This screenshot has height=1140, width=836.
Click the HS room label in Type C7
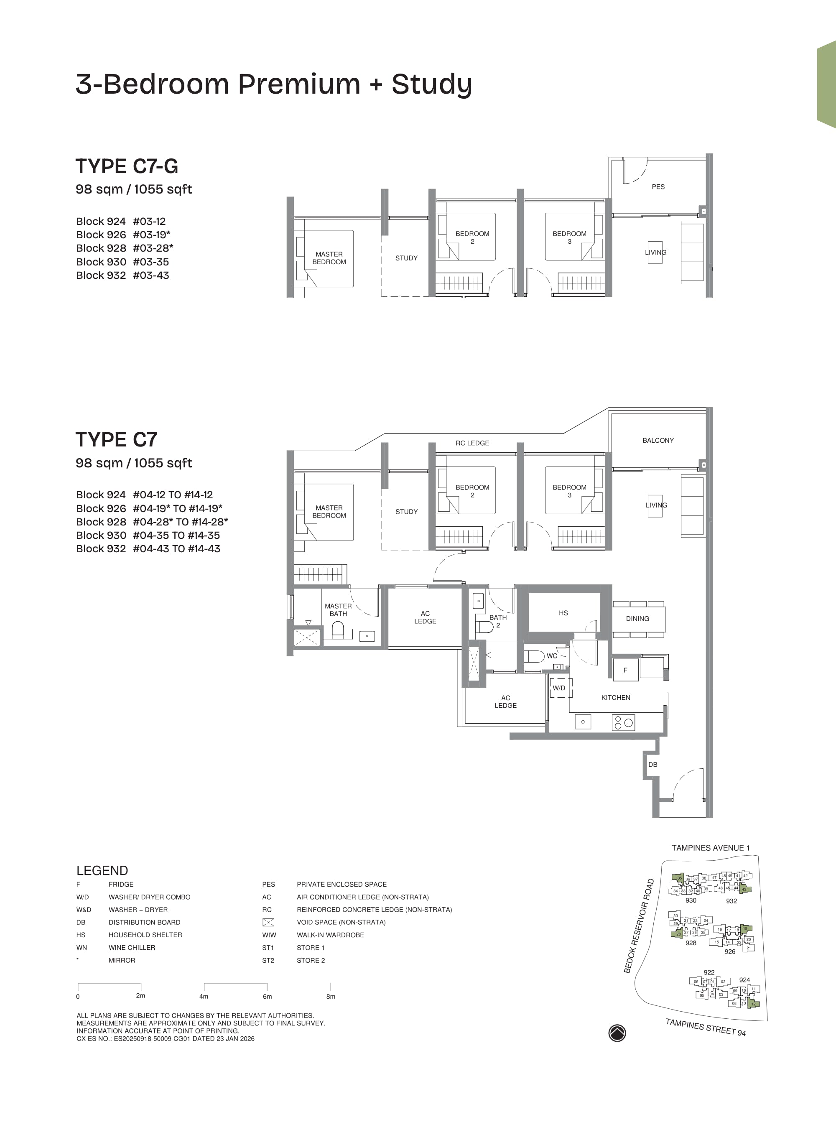click(x=563, y=613)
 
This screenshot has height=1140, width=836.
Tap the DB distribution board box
click(x=653, y=765)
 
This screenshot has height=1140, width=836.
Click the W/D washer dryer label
click(x=559, y=688)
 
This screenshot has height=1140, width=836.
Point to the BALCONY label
click(x=658, y=440)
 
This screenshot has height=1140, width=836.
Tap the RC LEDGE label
click(x=472, y=443)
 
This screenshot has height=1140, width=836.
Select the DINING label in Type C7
click(x=637, y=618)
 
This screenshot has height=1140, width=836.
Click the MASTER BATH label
click(x=338, y=610)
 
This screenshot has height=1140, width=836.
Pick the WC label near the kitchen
click(x=552, y=656)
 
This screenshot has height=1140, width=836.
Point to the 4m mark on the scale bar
click(x=204, y=996)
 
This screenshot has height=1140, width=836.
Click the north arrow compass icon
click(x=617, y=1033)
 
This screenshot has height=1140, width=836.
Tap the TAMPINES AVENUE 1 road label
click(x=711, y=847)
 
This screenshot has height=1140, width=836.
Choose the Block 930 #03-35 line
click(x=122, y=262)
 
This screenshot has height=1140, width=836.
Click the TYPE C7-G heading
click(x=127, y=166)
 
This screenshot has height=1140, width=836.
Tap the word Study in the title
click(x=432, y=84)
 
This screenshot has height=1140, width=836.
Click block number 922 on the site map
click(x=709, y=972)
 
